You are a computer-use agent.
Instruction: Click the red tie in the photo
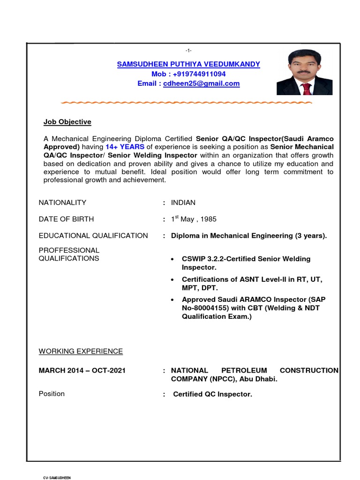point(306,88)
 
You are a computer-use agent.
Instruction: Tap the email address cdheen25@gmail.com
point(201,84)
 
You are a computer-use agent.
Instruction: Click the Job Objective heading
point(67,122)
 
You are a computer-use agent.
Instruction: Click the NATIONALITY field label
point(62,202)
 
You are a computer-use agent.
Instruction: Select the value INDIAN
point(183,202)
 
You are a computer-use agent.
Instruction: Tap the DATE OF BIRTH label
point(66,219)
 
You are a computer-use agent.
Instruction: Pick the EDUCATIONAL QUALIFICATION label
point(93,235)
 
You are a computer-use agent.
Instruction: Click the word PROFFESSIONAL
point(69,250)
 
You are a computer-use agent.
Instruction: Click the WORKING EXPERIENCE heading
point(81,351)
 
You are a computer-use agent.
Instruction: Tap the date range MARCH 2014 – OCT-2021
point(82,370)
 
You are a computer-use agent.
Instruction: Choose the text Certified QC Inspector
point(213,394)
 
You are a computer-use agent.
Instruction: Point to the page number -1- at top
point(188,50)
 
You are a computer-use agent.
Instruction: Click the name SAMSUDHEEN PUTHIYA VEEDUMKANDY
point(188,64)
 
